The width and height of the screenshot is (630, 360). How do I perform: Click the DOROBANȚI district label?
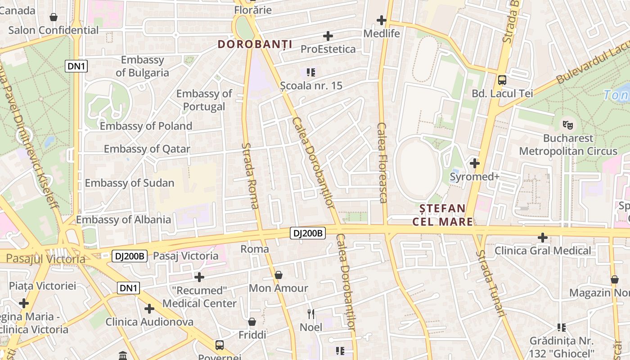click(x=255, y=44)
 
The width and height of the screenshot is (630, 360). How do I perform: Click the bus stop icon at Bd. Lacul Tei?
click(x=502, y=80)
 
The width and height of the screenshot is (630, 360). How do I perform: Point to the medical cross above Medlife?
click(x=382, y=20)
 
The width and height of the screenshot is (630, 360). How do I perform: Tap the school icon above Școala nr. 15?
click(x=310, y=72)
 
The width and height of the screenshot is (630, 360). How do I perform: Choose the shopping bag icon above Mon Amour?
click(x=279, y=274)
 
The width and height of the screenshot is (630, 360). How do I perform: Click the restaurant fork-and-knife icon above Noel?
click(x=311, y=314)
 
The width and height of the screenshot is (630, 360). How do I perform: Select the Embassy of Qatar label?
click(x=147, y=149)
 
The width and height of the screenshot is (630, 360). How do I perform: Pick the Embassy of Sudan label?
click(x=130, y=183)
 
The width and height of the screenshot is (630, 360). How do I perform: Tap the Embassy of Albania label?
click(x=123, y=220)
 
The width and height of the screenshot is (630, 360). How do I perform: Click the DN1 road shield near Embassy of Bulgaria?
click(x=76, y=67)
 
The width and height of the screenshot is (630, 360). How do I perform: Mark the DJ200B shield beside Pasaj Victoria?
click(x=130, y=256)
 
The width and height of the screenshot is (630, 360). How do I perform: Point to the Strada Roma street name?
click(x=250, y=175)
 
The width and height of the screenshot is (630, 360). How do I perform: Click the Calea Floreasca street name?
click(x=382, y=163)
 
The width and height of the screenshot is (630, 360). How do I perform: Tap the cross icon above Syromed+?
click(x=474, y=163)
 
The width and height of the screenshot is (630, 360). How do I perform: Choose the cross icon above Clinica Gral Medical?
click(x=543, y=237)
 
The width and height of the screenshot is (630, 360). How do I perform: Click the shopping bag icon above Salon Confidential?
click(x=54, y=17)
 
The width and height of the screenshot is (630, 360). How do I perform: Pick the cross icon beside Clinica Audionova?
click(x=149, y=309)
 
